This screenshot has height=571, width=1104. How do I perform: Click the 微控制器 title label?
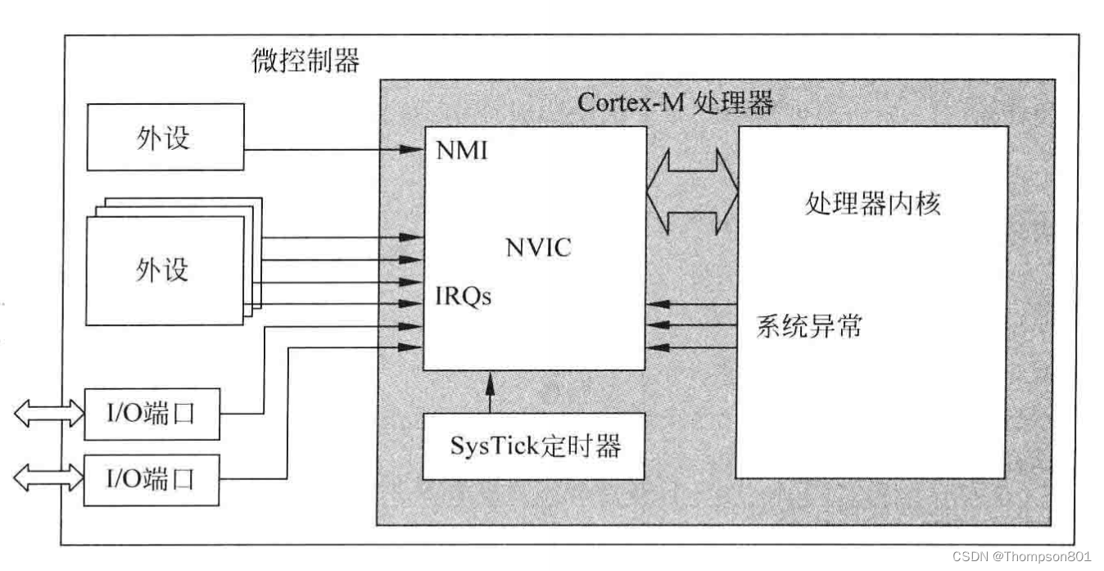point(305,60)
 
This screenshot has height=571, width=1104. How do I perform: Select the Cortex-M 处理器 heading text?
point(675,103)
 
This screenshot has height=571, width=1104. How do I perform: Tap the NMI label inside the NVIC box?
point(462,150)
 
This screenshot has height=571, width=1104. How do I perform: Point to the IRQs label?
point(464,296)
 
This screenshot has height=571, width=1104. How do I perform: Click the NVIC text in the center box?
point(538,247)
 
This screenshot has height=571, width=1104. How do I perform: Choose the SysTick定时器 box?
point(534,446)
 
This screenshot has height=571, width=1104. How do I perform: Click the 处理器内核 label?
point(873,203)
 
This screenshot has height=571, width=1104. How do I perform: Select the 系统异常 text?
point(809,327)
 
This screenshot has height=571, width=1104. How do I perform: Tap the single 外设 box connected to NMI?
point(165,137)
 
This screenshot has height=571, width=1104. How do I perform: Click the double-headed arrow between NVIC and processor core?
point(692,193)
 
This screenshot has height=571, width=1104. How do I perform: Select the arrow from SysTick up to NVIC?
point(491,392)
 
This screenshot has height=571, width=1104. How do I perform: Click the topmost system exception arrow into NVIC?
point(692,306)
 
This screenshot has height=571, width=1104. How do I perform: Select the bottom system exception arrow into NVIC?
point(692,347)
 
